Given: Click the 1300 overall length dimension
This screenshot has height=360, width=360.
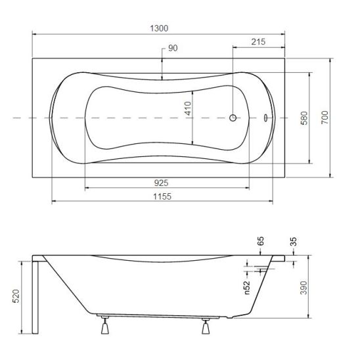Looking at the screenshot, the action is (159, 28).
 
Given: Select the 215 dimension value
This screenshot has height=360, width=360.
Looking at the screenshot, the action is (258, 42).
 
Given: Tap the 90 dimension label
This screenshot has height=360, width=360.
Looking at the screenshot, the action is (173, 48).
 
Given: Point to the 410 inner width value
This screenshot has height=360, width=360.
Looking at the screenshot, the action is (188, 108).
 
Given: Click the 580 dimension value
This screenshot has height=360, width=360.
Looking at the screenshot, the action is (304, 118).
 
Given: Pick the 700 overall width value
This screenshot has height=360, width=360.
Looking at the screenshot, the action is (325, 118).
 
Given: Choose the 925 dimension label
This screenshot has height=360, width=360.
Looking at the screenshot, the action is (161, 183).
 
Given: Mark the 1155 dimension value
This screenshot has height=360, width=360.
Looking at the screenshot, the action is (162, 196).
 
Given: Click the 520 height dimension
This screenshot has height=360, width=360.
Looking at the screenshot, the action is (16, 296).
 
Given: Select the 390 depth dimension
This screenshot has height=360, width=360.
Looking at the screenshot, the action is (304, 288).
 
